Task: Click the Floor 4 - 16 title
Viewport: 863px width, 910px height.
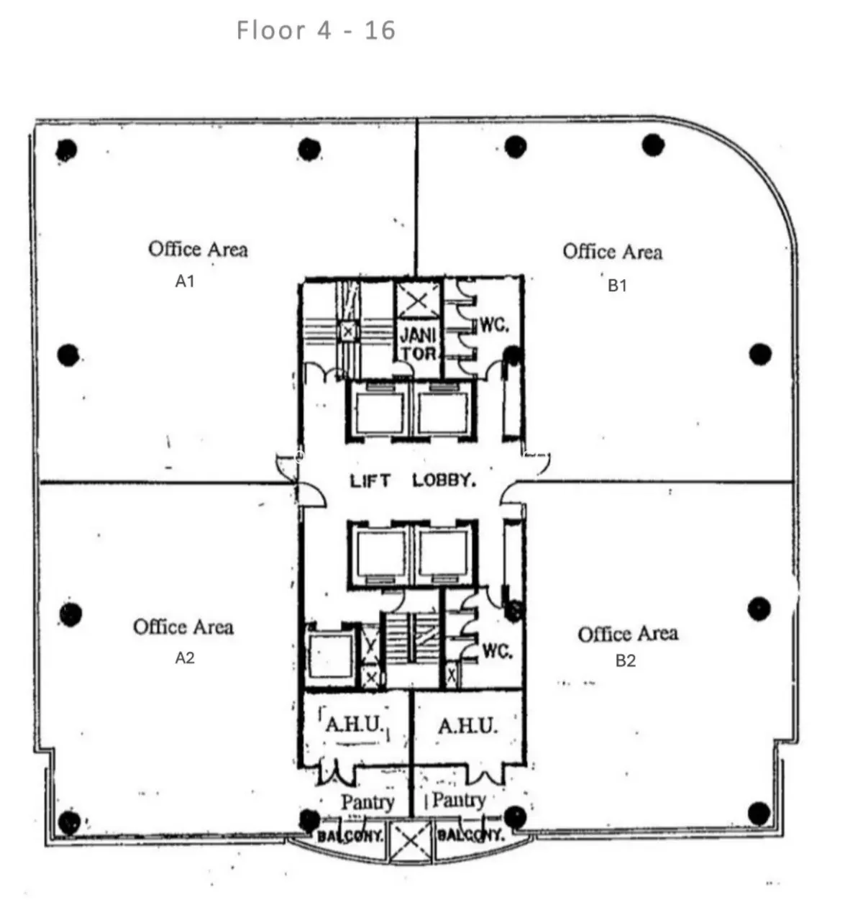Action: point(316,30)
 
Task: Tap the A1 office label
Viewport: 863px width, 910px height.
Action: point(185,281)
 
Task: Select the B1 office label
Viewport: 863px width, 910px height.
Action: point(617,286)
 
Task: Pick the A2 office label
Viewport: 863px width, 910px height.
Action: point(185,658)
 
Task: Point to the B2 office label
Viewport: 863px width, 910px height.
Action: point(626,660)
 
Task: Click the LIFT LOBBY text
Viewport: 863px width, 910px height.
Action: point(413,481)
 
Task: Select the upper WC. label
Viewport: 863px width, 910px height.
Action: point(495,325)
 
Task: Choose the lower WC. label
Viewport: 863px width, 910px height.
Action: point(498,651)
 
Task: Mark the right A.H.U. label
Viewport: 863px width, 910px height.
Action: point(467,727)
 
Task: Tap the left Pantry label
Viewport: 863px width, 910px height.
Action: point(368,802)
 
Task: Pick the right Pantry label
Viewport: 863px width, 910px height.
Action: point(459,801)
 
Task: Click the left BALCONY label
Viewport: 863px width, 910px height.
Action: point(350,837)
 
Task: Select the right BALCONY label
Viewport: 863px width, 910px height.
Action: point(470,835)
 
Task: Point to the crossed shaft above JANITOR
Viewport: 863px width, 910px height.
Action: point(417,301)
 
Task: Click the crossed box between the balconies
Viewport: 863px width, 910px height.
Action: point(411,842)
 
